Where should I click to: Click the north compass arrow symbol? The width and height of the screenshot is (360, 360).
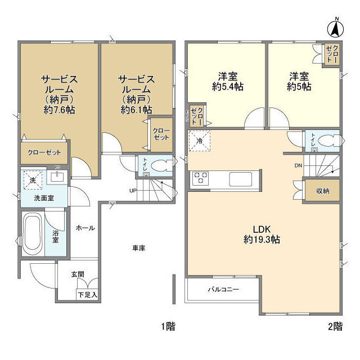(x=335, y=26)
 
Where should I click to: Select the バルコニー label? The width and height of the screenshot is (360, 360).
(x=224, y=290)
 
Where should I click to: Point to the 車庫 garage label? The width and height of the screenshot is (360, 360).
(x=139, y=248)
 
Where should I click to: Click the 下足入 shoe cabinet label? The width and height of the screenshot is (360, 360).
(x=87, y=294)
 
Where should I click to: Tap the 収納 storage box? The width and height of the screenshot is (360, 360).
(x=322, y=191)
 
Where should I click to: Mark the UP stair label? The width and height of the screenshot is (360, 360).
(x=133, y=190)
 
